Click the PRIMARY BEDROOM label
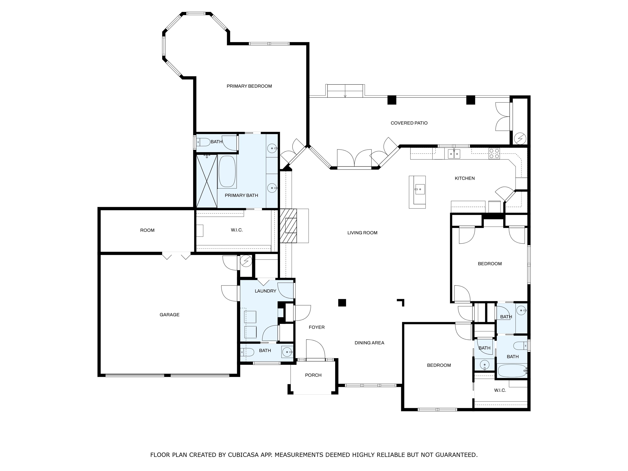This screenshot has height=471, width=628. [x=249, y=86]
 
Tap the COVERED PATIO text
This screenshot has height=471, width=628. [x=409, y=123]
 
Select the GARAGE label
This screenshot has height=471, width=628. [x=169, y=315]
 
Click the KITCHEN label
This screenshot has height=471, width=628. [x=465, y=178]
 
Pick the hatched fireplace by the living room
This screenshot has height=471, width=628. [x=288, y=226]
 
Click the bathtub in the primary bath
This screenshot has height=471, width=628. [x=227, y=172]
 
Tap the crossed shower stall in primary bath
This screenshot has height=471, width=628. [x=207, y=181]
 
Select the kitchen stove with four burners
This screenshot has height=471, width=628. [x=494, y=153]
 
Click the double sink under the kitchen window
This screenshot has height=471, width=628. [x=454, y=154]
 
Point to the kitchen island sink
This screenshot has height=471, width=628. [x=419, y=189]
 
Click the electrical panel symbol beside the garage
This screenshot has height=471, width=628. [x=246, y=261]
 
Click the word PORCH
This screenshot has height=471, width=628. [x=313, y=375]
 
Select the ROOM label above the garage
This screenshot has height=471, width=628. [x=147, y=230]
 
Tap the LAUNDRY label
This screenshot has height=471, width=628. [x=266, y=291]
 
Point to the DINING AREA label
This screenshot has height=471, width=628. [x=369, y=343]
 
